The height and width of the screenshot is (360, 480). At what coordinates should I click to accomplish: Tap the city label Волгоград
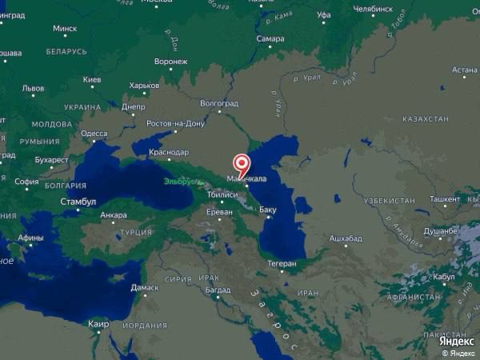219,103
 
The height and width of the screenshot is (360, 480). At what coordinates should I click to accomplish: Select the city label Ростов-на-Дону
176,124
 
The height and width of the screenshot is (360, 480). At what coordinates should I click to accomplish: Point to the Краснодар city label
169,152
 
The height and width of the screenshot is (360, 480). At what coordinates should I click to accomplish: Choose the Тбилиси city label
222,194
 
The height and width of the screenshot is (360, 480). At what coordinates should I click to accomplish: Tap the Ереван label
219,212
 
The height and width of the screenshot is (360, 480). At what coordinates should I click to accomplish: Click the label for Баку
268,210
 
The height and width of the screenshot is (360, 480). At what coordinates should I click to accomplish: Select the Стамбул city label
78,202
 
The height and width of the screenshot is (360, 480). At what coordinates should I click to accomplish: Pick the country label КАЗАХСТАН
425,118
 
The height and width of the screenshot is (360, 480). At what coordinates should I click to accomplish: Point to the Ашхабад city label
346,238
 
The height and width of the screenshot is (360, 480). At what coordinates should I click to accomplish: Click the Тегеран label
282,263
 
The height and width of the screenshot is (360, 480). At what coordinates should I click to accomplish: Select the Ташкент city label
445,198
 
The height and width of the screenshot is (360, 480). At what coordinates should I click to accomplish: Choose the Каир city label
98,324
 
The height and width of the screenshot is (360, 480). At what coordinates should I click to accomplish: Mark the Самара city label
270,38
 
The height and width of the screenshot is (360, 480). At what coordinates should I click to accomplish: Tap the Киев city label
92,80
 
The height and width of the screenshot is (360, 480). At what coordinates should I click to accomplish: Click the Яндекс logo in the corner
456,342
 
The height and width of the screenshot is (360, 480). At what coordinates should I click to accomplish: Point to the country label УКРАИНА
82,106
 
